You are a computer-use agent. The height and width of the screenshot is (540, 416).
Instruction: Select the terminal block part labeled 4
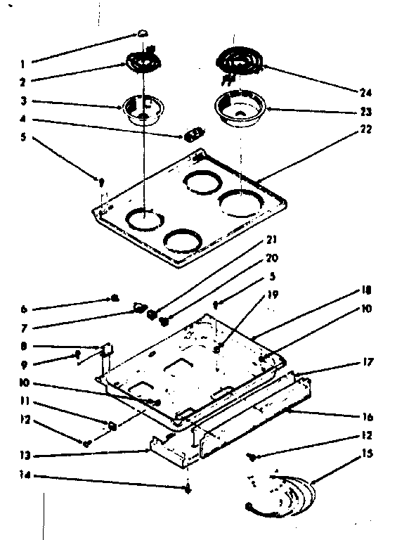[193, 134]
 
